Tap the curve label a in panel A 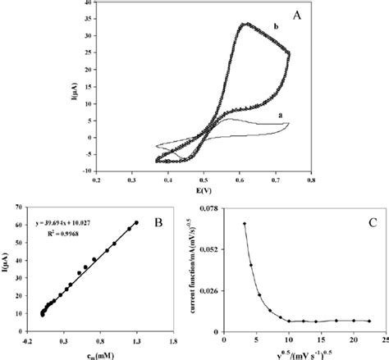pyautogui.click(x=281, y=116)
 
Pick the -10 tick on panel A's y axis pyautogui.click(x=85, y=171)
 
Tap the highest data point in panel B pyautogui.click(x=137, y=222)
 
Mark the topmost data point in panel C pyautogui.click(x=245, y=223)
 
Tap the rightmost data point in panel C pyautogui.click(x=369, y=321)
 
